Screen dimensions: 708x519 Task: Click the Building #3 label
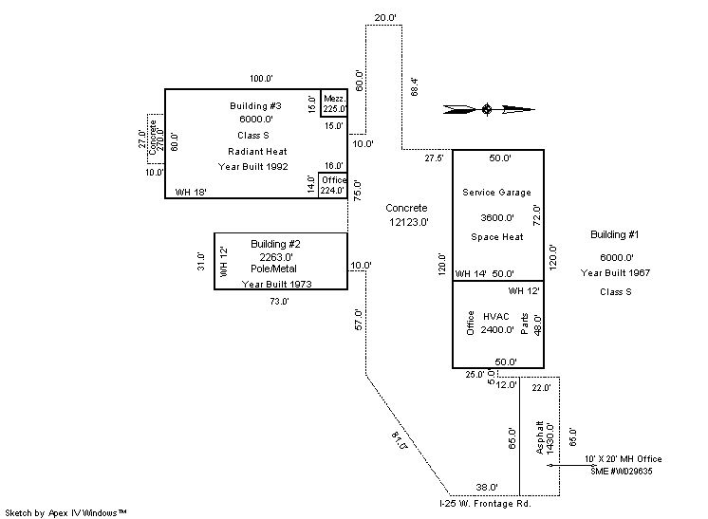[x=255, y=106]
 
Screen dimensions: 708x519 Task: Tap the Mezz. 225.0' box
[x=334, y=103]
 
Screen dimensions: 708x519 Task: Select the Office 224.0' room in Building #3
[x=333, y=185]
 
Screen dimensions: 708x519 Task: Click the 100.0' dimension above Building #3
[x=261, y=79]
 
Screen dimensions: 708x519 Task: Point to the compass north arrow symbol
[x=489, y=109]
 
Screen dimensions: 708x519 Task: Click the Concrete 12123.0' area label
[x=408, y=214]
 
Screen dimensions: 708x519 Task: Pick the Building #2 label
[x=275, y=244]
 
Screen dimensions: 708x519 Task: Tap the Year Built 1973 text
[x=277, y=284]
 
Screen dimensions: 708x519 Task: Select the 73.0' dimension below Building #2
[x=279, y=302]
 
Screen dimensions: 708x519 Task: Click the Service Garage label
[x=496, y=193]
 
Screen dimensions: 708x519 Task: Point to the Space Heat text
[x=497, y=237]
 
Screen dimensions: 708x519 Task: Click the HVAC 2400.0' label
[x=496, y=324]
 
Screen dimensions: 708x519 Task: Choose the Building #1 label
[x=615, y=234]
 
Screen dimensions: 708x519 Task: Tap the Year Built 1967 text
[x=615, y=273]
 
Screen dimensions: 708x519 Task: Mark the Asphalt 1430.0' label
[x=544, y=437]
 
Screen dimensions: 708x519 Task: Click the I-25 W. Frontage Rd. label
[x=485, y=504]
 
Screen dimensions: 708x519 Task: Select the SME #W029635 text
[x=622, y=472]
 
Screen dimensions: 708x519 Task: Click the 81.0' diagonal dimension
[x=400, y=440]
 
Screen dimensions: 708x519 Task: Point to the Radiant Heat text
[x=257, y=152]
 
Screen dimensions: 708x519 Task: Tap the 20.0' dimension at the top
[x=385, y=18]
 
